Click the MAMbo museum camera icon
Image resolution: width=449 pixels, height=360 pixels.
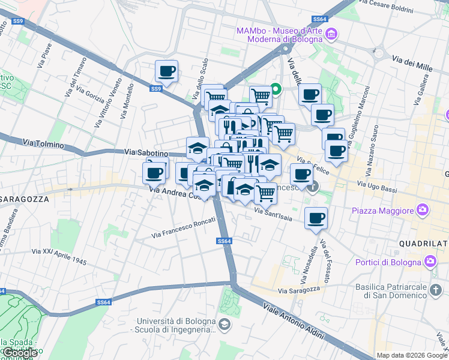tap(331, 35)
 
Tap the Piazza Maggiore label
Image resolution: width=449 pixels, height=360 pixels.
tap(383, 211)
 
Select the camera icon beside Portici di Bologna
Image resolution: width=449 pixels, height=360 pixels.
tap(430, 261)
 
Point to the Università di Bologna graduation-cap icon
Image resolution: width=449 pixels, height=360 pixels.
tap(224, 325)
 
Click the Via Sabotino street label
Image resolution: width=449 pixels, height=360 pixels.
tap(146, 153)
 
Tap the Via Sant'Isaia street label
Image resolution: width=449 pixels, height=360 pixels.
tap(273, 214)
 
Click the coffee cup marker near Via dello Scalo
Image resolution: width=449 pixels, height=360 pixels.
tap(166, 71)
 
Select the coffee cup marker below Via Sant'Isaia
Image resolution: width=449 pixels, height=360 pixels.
tap(315, 218)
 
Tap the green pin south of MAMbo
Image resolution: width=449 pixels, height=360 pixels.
tap(276, 89)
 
